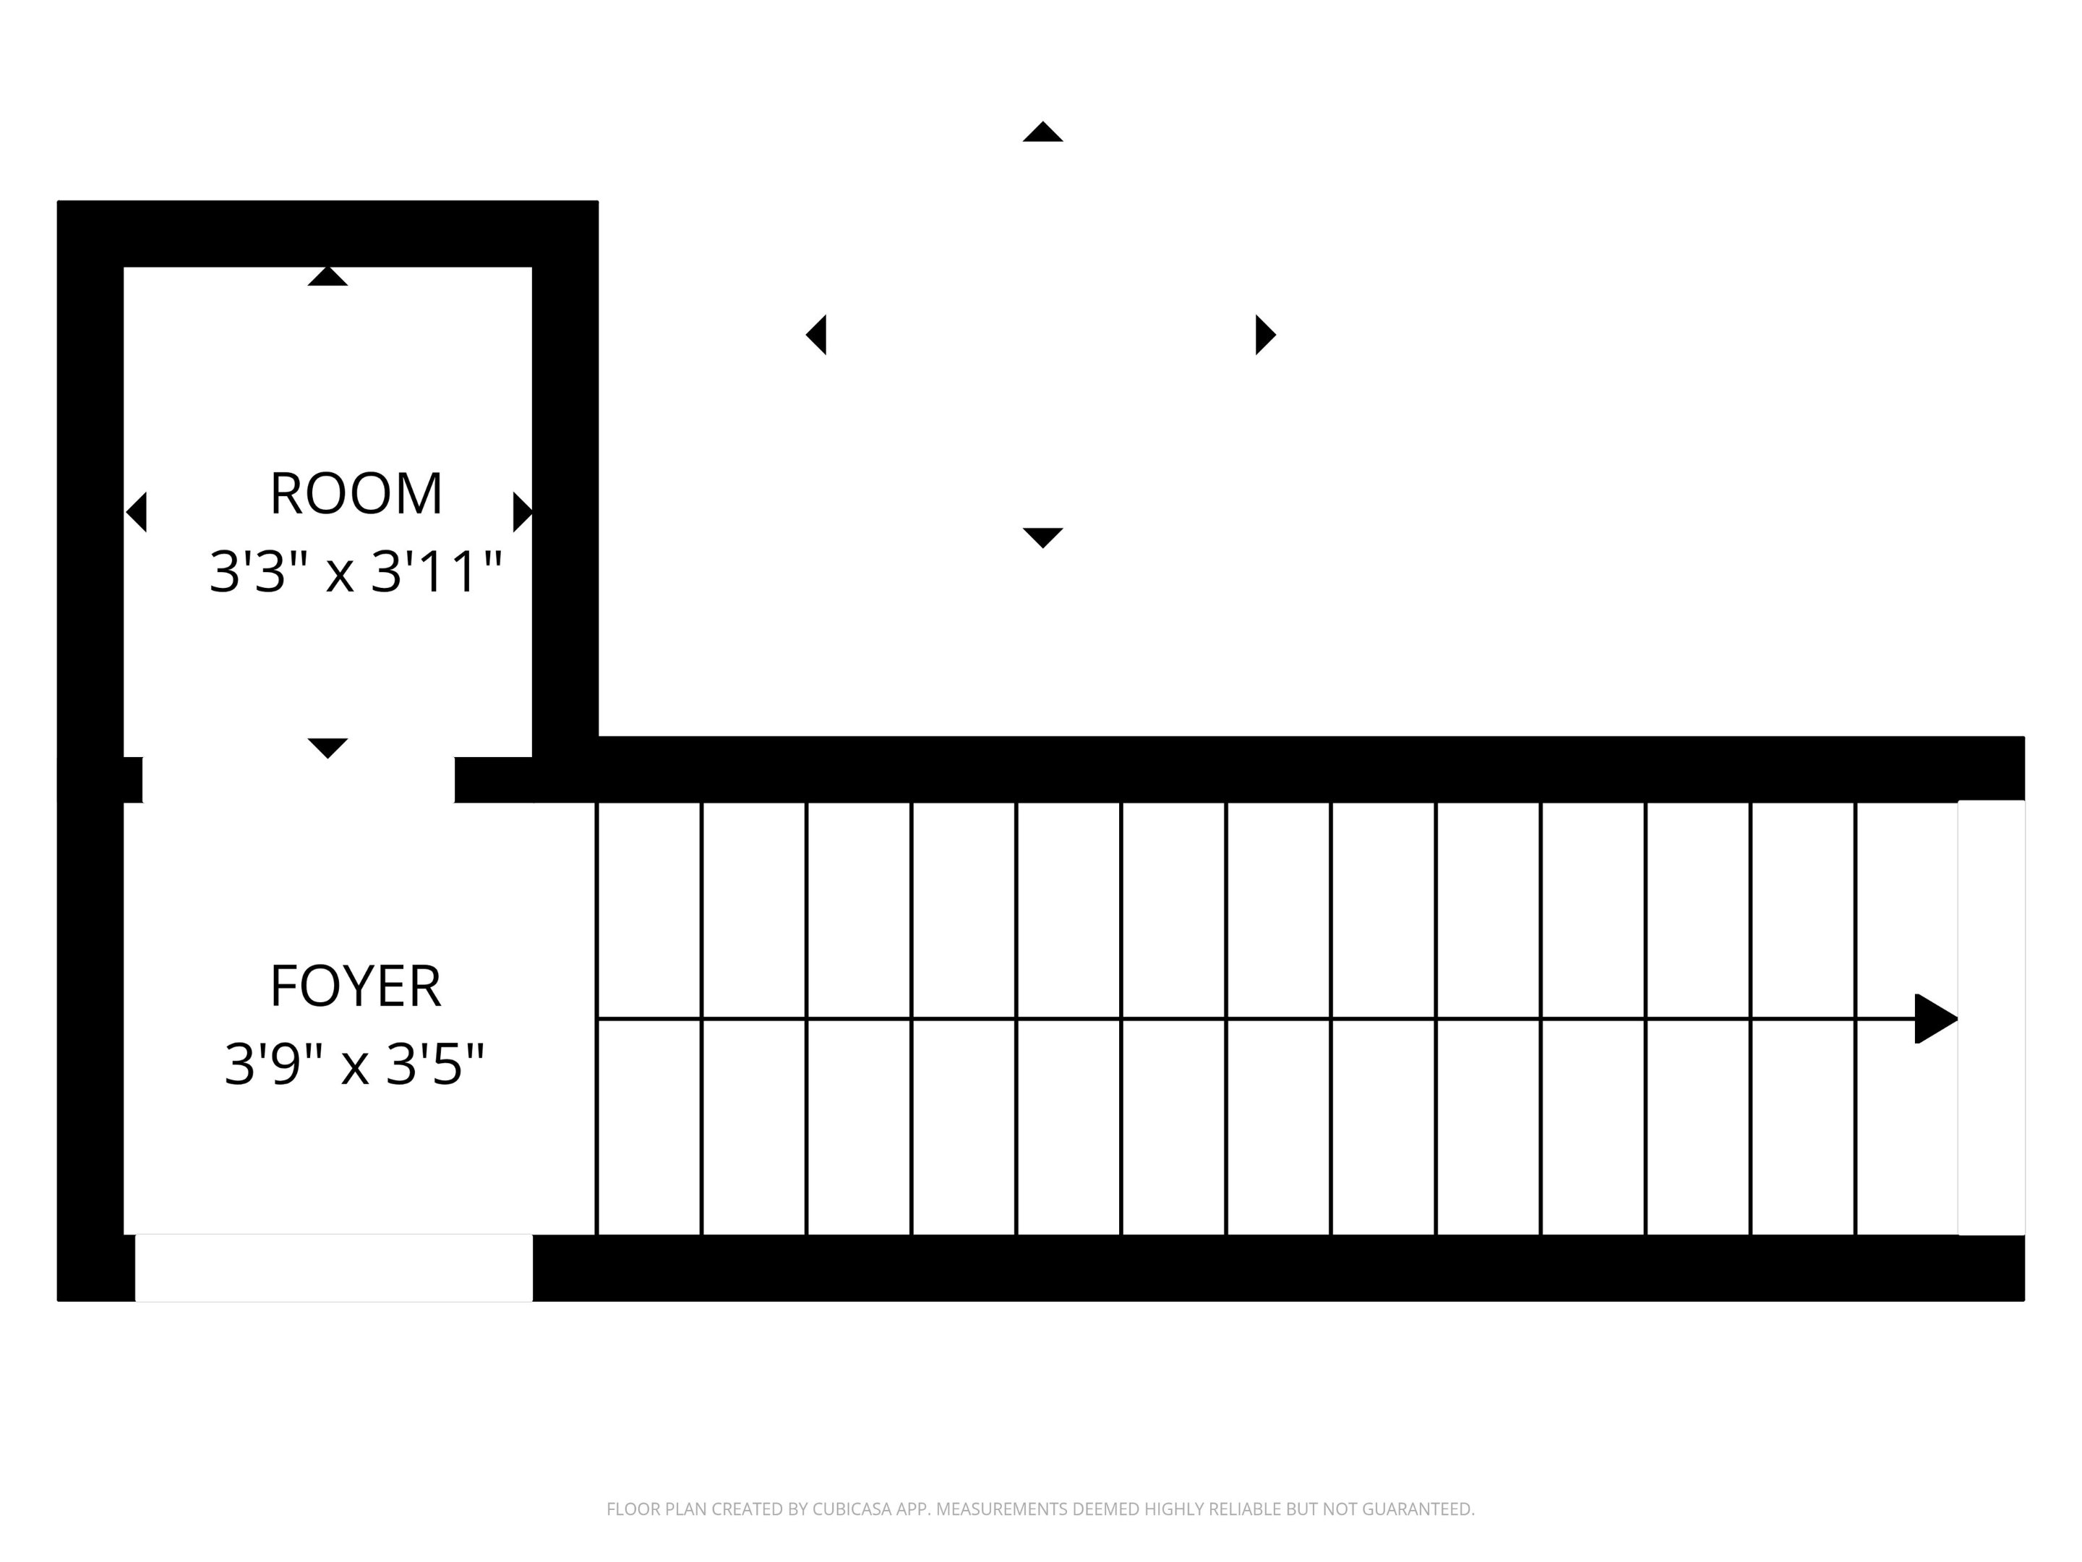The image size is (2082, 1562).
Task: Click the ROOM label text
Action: click(356, 493)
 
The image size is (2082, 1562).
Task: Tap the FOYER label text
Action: click(356, 986)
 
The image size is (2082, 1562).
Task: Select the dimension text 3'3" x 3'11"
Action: click(356, 571)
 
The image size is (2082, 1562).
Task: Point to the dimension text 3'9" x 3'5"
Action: click(355, 1064)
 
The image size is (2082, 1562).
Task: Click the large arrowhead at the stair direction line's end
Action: click(1936, 1019)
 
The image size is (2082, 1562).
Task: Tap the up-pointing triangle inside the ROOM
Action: click(327, 276)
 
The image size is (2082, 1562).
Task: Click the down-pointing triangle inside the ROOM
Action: click(327, 748)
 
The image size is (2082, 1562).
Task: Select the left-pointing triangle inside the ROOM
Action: click(137, 512)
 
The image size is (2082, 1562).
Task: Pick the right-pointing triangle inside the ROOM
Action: click(523, 512)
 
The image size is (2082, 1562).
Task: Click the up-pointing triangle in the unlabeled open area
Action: click(1043, 132)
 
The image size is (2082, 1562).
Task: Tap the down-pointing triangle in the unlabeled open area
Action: click(1043, 537)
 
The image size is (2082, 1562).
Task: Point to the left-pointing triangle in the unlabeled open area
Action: click(816, 334)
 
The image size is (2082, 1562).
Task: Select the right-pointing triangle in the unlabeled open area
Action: click(1266, 334)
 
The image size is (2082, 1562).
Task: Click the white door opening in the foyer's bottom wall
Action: click(334, 1268)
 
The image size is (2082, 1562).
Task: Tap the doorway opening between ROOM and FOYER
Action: click(299, 780)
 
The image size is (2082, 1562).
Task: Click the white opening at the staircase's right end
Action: click(1991, 1017)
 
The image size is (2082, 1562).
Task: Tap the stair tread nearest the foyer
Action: click(649, 1019)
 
